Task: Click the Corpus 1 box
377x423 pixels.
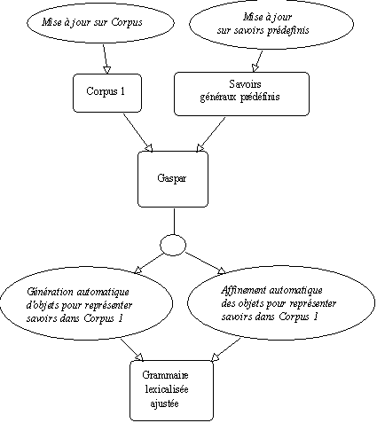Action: coord(107,93)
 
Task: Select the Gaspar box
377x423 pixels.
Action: coord(173,179)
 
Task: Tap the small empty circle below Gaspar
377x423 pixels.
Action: coord(173,245)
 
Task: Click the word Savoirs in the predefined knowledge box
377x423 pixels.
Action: coord(245,84)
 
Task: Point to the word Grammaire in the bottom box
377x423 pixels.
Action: coord(165,375)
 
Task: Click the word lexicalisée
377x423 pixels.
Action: coord(167,389)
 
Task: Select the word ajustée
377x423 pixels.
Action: coord(164,403)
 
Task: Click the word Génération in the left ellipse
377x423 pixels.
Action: coord(50,292)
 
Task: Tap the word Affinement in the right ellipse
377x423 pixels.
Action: coord(244,290)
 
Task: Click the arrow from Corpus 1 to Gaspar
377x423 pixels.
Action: coord(137,133)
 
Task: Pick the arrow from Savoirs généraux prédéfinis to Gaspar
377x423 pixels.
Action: coord(211,135)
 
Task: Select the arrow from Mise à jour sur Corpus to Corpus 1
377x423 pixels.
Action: coord(106,59)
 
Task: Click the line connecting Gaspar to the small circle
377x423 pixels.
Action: coord(174,222)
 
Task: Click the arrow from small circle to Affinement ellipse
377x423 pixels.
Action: coord(206,263)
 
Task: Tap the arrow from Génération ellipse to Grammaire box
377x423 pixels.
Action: coord(132,349)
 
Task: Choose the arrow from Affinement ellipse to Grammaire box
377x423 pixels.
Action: coord(226,349)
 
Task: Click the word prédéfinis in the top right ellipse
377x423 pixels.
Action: coord(287,31)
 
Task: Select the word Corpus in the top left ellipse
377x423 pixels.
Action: coord(127,23)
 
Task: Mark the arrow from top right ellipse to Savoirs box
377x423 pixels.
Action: coord(257,61)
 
